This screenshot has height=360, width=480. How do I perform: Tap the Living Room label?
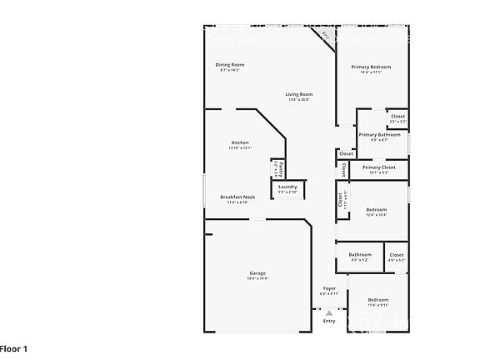(x=298, y=94)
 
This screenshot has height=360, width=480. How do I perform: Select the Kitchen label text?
(x=240, y=142)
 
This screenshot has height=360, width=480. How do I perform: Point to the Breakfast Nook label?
(x=237, y=197)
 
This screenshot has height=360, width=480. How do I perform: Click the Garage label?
(x=257, y=273)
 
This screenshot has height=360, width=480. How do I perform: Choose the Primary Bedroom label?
(x=371, y=67)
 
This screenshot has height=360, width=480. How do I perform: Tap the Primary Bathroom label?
(x=379, y=134)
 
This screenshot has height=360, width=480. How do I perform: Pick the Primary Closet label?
(x=378, y=167)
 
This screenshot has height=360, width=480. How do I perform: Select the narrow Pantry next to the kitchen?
(x=276, y=169)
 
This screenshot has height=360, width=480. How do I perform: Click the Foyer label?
(x=329, y=287)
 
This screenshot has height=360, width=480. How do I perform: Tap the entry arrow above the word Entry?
(x=329, y=312)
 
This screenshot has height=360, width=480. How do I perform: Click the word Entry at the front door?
(x=329, y=321)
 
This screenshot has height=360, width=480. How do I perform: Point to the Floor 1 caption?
(x=14, y=347)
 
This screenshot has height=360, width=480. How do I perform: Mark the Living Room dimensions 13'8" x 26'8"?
(x=298, y=100)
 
